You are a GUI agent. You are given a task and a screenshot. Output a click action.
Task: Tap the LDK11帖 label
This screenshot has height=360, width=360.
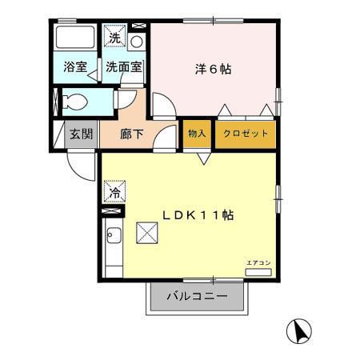pos(198,215)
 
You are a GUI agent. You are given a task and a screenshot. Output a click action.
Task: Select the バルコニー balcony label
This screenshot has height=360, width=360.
pos(197,297)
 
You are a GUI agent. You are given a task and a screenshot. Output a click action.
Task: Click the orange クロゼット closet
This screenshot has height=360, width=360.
pos(246,133)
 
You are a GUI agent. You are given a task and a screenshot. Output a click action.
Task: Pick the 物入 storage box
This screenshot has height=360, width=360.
pos(196,133)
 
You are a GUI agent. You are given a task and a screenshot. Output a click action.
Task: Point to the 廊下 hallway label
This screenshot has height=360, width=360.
pos(132,134)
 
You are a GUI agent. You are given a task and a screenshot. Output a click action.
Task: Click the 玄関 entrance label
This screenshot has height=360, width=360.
pos(79,134)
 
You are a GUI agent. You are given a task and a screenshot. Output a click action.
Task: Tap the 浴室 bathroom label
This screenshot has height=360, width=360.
pos(74,68)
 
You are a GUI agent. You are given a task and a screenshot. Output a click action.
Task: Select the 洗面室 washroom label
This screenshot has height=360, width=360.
pos(124,68)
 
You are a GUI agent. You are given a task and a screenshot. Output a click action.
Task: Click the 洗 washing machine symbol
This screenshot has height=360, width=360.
pos(115,38)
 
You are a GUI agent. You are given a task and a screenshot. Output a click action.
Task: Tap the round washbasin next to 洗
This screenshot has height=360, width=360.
pos(137,39)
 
